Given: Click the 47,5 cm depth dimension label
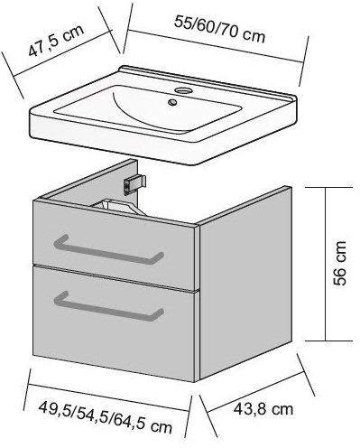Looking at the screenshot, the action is tap(56, 41).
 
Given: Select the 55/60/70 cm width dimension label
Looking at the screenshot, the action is tap(220, 30).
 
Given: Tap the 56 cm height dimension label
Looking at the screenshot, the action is tap(340, 263).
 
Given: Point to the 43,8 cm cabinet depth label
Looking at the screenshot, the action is tap(263, 409).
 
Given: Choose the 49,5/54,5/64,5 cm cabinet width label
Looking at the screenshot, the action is tap(106, 417).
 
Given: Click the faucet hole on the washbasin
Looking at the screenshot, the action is tap(183, 89).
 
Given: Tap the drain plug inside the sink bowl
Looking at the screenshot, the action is tap(172, 102).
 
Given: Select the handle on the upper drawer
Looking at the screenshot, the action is tap(108, 249).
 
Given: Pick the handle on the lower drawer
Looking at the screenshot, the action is tap(108, 306).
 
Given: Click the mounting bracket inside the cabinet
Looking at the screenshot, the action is tap(134, 183).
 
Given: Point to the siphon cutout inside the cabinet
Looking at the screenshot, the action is tap(118, 206).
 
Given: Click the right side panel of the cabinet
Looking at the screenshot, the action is tap(245, 283).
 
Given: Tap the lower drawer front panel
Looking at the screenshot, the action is tap(115, 323).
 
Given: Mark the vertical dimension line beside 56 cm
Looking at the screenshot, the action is tap(325, 264).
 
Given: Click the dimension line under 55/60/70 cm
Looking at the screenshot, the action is tap(216, 46).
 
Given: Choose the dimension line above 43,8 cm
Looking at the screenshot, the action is tap(256, 392).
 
